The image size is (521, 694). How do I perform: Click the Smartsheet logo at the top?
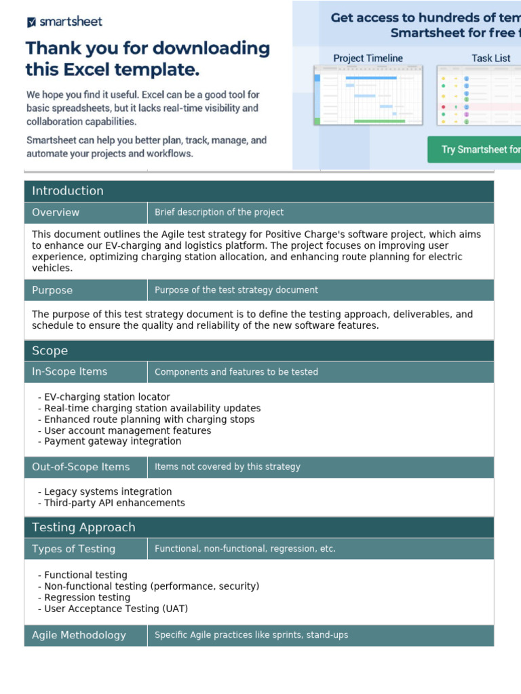pyautogui.click(x=64, y=22)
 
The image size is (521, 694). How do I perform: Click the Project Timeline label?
pyautogui.click(x=368, y=58)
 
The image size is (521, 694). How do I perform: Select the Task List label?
pyautogui.click(x=490, y=58)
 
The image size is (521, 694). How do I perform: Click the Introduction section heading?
pyautogui.click(x=68, y=190)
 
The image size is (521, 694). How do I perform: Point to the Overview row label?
pyautogui.click(x=56, y=212)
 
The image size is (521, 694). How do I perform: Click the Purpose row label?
pyautogui.click(x=52, y=290)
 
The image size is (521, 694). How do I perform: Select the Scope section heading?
pyautogui.click(x=50, y=350)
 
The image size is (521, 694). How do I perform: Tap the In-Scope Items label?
pyautogui.click(x=69, y=371)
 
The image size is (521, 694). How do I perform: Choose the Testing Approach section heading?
pyautogui.click(x=83, y=527)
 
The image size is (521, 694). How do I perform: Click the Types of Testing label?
pyautogui.click(x=73, y=549)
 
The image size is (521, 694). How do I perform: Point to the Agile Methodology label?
pyautogui.click(x=79, y=635)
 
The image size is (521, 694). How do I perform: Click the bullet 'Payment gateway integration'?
pyautogui.click(x=113, y=441)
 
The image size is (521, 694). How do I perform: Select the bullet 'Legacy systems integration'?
pyautogui.click(x=108, y=491)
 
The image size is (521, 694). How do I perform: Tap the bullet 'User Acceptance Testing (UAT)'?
pyautogui.click(x=116, y=609)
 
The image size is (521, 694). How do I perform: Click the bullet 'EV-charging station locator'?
pyautogui.click(x=107, y=397)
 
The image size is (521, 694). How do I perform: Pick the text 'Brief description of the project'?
pyautogui.click(x=219, y=212)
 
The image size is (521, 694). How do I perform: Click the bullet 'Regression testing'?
pyautogui.click(x=87, y=598)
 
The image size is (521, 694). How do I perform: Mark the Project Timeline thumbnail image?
pyautogui.click(x=368, y=95)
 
